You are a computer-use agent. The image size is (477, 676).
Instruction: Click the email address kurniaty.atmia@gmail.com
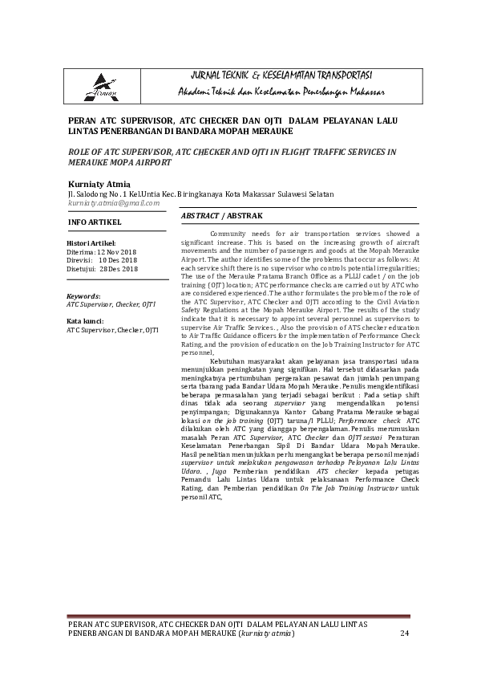tap(114, 204)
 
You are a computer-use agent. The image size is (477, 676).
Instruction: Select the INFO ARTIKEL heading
tap(95, 220)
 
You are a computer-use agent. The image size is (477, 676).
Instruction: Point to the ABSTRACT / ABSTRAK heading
tap(222, 217)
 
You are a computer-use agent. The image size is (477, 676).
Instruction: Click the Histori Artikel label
tap(91, 242)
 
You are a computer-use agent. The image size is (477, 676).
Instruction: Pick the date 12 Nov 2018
tap(117, 251)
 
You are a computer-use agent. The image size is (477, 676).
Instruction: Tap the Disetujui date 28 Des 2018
tap(120, 269)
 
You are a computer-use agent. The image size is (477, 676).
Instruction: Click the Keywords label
tap(83, 296)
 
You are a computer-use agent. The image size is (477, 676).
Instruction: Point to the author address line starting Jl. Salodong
tap(200, 193)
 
